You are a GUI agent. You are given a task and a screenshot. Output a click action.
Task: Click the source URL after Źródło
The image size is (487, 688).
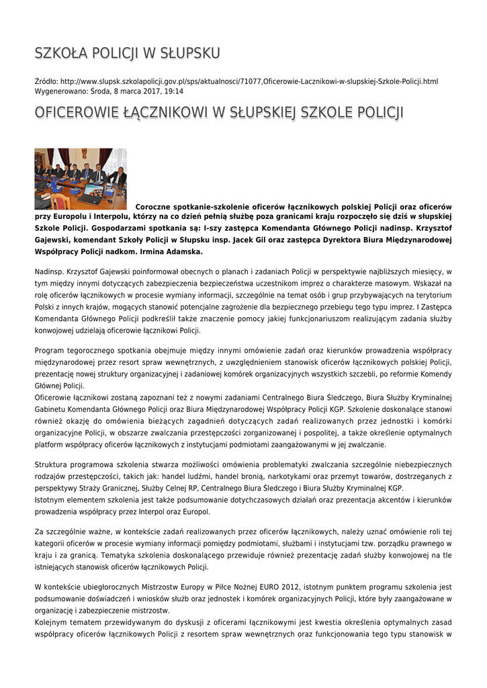click(x=249, y=81)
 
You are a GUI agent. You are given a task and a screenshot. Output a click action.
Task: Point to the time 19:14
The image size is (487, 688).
click(x=174, y=91)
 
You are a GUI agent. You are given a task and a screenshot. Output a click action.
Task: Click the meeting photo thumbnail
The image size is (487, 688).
click(x=81, y=179)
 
